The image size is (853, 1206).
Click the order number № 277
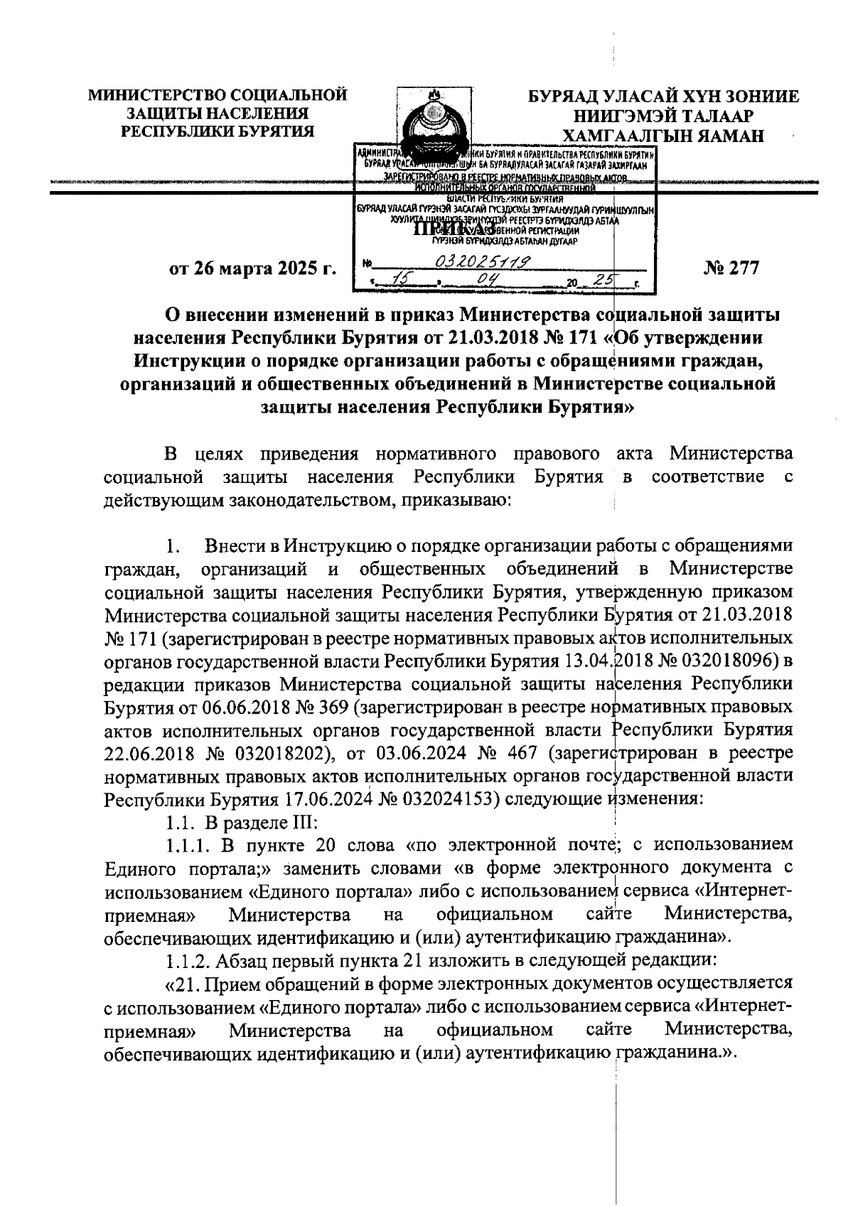pyautogui.click(x=731, y=268)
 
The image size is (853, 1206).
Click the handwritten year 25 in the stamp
pyautogui.click(x=607, y=282)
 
